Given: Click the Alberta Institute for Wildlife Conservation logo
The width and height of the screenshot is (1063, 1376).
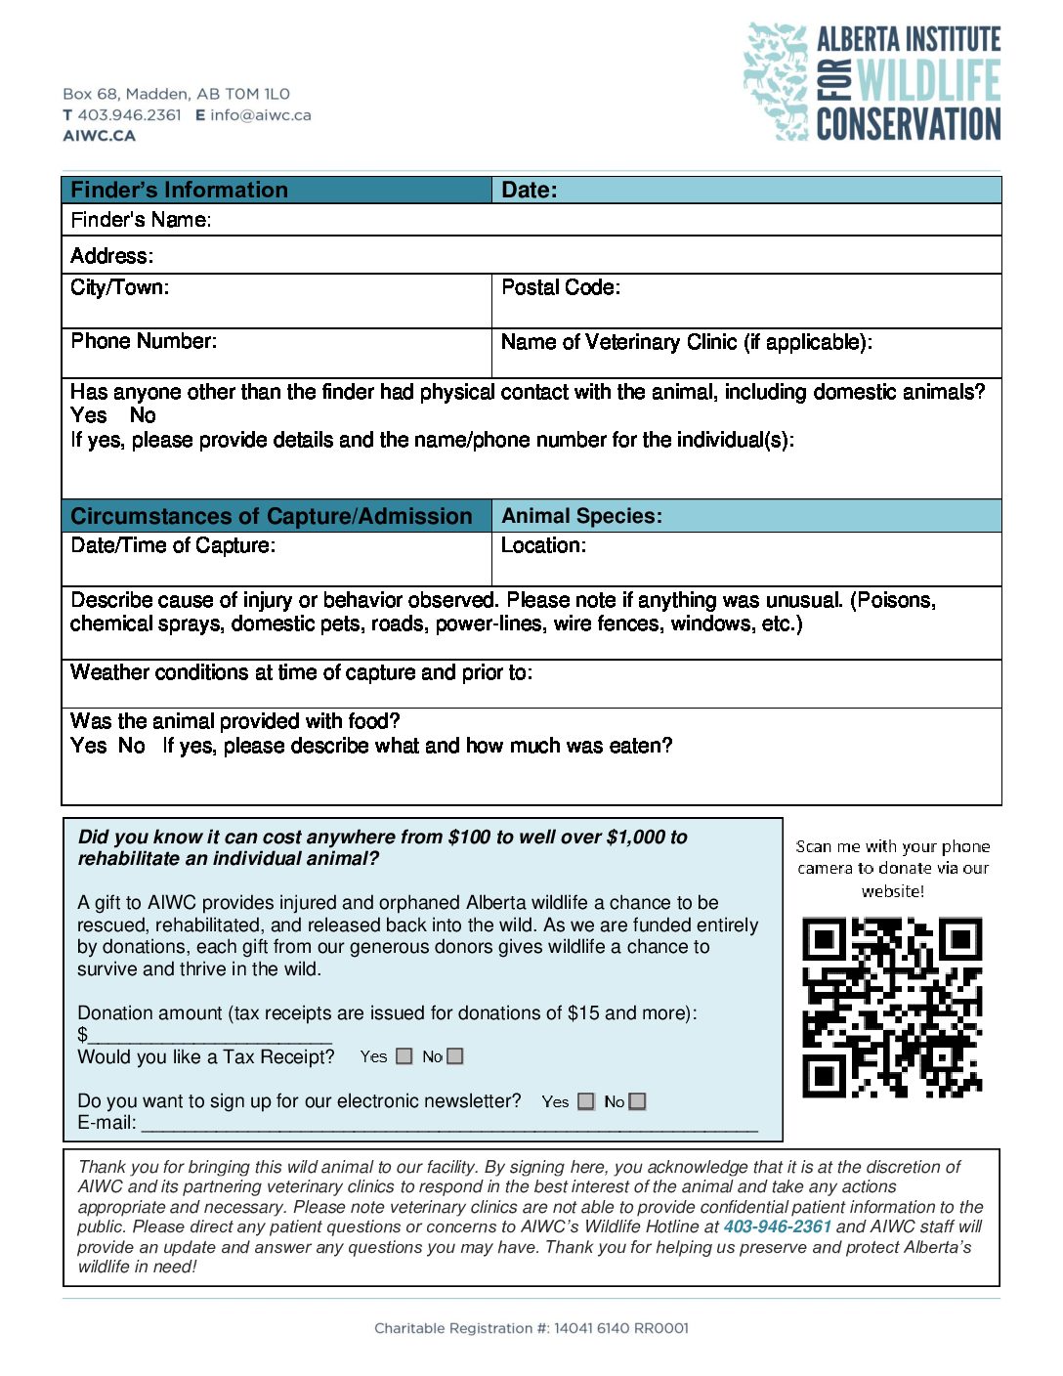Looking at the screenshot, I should pyautogui.click(x=872, y=82).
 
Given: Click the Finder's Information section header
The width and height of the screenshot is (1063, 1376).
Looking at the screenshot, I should pyautogui.click(x=180, y=190).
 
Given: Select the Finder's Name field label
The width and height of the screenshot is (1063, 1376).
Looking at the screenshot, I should pyautogui.click(x=141, y=220).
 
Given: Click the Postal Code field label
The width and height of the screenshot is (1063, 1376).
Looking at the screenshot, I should pyautogui.click(x=561, y=287).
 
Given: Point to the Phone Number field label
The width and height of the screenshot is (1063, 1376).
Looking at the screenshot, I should pyautogui.click(x=144, y=341).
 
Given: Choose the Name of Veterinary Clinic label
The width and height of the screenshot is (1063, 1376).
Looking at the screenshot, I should pyautogui.click(x=686, y=342).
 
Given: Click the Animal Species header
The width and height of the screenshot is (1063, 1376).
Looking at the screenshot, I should pyautogui.click(x=581, y=516).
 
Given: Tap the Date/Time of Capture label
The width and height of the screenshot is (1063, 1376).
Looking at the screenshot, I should pyautogui.click(x=173, y=545).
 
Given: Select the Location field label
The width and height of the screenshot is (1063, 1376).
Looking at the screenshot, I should pyautogui.click(x=543, y=545).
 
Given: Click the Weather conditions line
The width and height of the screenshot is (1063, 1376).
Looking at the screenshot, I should pyautogui.click(x=301, y=672).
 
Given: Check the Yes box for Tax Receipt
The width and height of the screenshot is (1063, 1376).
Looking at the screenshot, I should pyautogui.click(x=404, y=1056).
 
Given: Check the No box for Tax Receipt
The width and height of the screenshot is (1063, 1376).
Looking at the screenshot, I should pyautogui.click(x=455, y=1056).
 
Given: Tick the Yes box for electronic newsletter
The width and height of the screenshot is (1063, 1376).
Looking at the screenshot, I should pyautogui.click(x=586, y=1101).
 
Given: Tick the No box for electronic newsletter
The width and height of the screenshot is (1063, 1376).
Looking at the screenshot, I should pyautogui.click(x=638, y=1101).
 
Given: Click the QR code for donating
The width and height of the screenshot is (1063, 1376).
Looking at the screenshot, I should pyautogui.click(x=892, y=1008).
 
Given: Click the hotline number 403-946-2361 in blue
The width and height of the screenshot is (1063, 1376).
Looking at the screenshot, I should pyautogui.click(x=778, y=1226).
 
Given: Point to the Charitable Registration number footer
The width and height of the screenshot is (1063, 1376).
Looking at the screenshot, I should pyautogui.click(x=531, y=1328).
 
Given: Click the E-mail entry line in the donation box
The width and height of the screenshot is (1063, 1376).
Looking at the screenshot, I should pyautogui.click(x=449, y=1126).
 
